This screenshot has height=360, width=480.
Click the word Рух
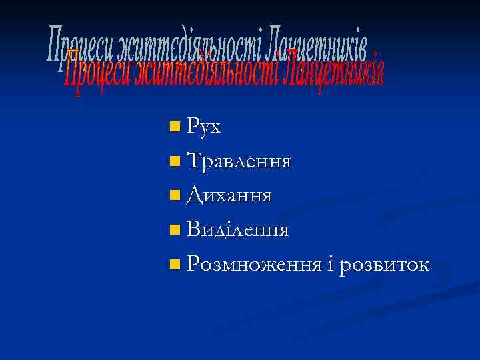204,125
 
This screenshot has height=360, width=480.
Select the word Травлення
239,161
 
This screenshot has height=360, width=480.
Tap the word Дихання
229,195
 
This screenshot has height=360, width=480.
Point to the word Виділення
238,230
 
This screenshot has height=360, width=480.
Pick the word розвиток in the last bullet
384,265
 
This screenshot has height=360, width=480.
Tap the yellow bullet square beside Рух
175,126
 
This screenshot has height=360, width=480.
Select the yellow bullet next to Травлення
175,161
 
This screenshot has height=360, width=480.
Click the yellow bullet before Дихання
175,195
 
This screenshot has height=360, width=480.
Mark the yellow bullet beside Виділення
175,230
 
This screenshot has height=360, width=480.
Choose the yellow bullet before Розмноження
175,265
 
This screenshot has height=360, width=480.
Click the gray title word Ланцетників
316,45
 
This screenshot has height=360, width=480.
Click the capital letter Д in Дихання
194,196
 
